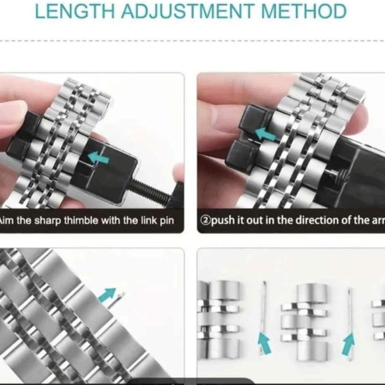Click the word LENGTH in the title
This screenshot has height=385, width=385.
click(x=70, y=11)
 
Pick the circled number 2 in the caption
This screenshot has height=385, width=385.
click(x=205, y=220)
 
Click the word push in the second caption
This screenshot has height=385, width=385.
click(x=224, y=220)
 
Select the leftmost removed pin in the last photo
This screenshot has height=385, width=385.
click(x=264, y=305)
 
